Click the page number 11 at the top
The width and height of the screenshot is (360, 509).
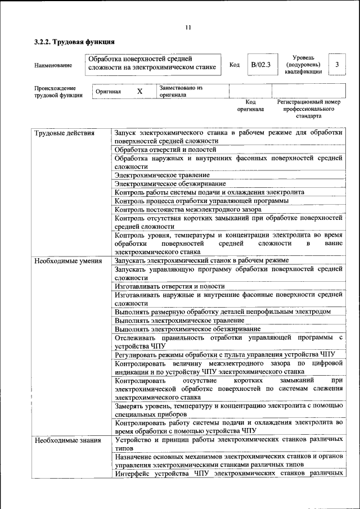(x=188, y=27)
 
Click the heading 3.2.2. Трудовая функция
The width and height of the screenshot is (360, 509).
(x=74, y=42)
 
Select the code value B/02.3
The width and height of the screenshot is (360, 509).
(x=260, y=65)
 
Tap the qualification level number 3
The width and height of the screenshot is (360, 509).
(x=336, y=65)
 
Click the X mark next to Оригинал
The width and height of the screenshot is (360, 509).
(x=140, y=91)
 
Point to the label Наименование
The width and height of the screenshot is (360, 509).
(x=53, y=65)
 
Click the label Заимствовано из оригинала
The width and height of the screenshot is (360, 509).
(x=181, y=91)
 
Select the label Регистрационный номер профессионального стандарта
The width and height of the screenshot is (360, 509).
(x=309, y=109)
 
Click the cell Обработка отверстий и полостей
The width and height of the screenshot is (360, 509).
(x=165, y=150)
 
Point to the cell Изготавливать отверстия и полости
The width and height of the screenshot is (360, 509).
(x=169, y=286)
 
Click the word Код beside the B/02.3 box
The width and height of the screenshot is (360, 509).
(x=235, y=65)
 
